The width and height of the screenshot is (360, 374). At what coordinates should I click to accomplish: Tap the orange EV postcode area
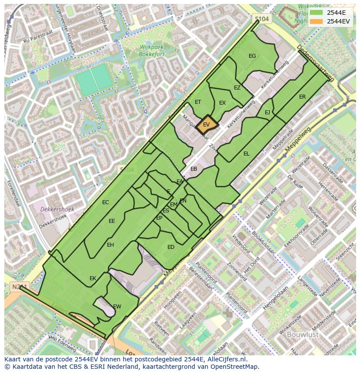point(207,124)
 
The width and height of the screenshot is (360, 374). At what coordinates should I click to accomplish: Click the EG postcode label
point(252,56)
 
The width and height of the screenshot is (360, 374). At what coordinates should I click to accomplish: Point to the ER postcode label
point(302,97)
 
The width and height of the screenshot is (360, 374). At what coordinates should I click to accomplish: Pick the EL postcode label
point(247,154)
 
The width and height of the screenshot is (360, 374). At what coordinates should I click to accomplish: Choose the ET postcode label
point(198,102)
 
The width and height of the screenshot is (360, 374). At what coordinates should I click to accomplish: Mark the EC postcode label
point(106,202)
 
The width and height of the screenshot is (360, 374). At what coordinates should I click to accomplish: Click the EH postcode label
point(110,245)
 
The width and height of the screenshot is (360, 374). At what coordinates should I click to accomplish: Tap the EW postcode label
point(117,307)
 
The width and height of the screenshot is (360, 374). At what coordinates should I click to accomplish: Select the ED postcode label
point(171,247)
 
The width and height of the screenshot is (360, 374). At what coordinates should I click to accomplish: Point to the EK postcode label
point(93,278)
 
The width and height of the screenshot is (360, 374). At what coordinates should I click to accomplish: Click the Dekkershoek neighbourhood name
point(57,209)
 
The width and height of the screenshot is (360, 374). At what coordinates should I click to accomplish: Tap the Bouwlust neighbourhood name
point(303,334)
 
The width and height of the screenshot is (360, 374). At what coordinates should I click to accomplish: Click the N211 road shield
point(16,287)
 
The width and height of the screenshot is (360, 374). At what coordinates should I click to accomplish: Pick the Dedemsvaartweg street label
point(316,63)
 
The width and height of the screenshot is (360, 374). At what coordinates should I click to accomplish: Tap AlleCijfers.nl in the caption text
point(226,359)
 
